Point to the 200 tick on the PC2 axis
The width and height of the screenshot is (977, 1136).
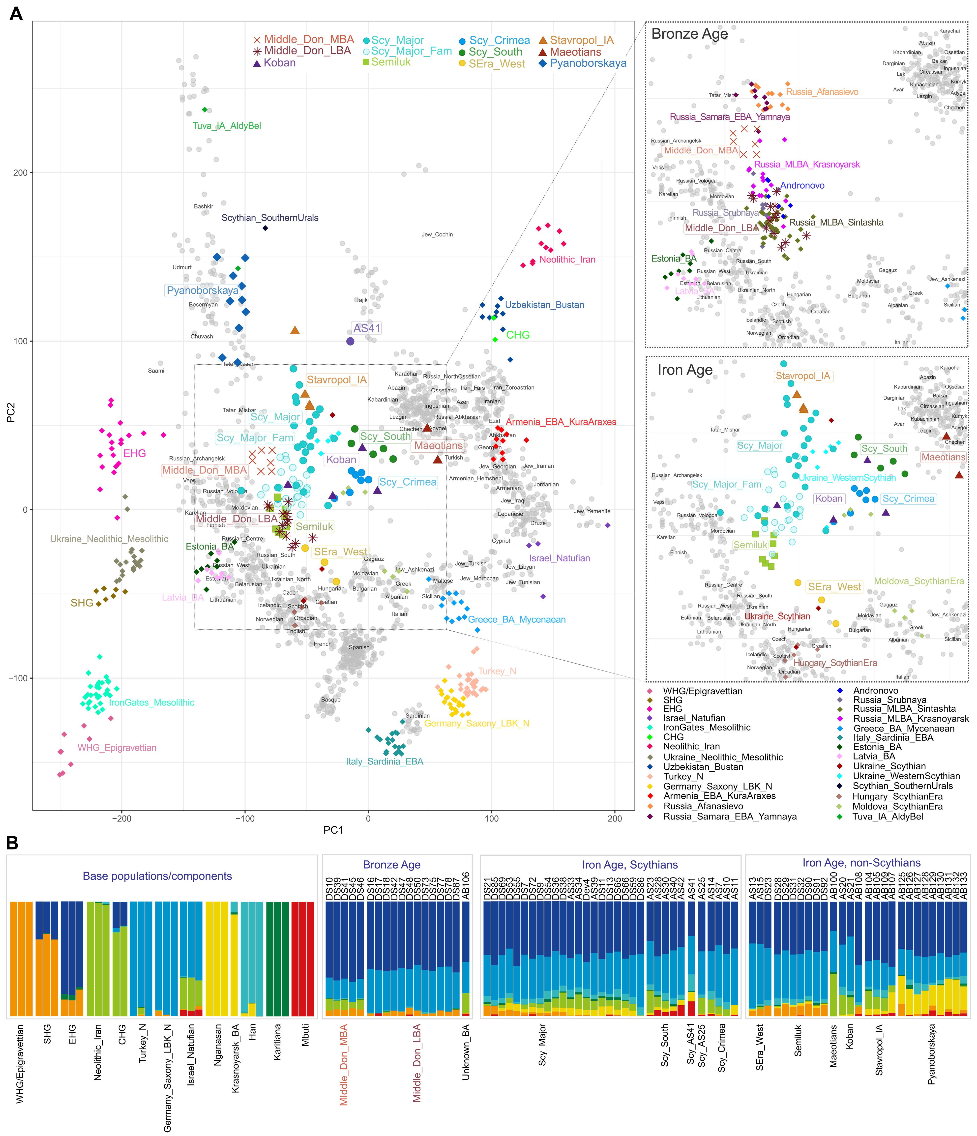[x=20, y=173]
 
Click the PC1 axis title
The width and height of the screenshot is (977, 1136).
[x=333, y=830]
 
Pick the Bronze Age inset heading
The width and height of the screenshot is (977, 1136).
[x=689, y=34]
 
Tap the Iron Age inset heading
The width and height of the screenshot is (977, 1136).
[x=685, y=370]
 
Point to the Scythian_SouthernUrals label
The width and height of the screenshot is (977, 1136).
[x=270, y=218]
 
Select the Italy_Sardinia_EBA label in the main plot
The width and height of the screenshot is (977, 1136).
[x=384, y=761]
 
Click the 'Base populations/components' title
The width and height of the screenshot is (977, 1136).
[x=157, y=876]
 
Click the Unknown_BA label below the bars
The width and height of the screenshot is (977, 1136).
[x=466, y=1053]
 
